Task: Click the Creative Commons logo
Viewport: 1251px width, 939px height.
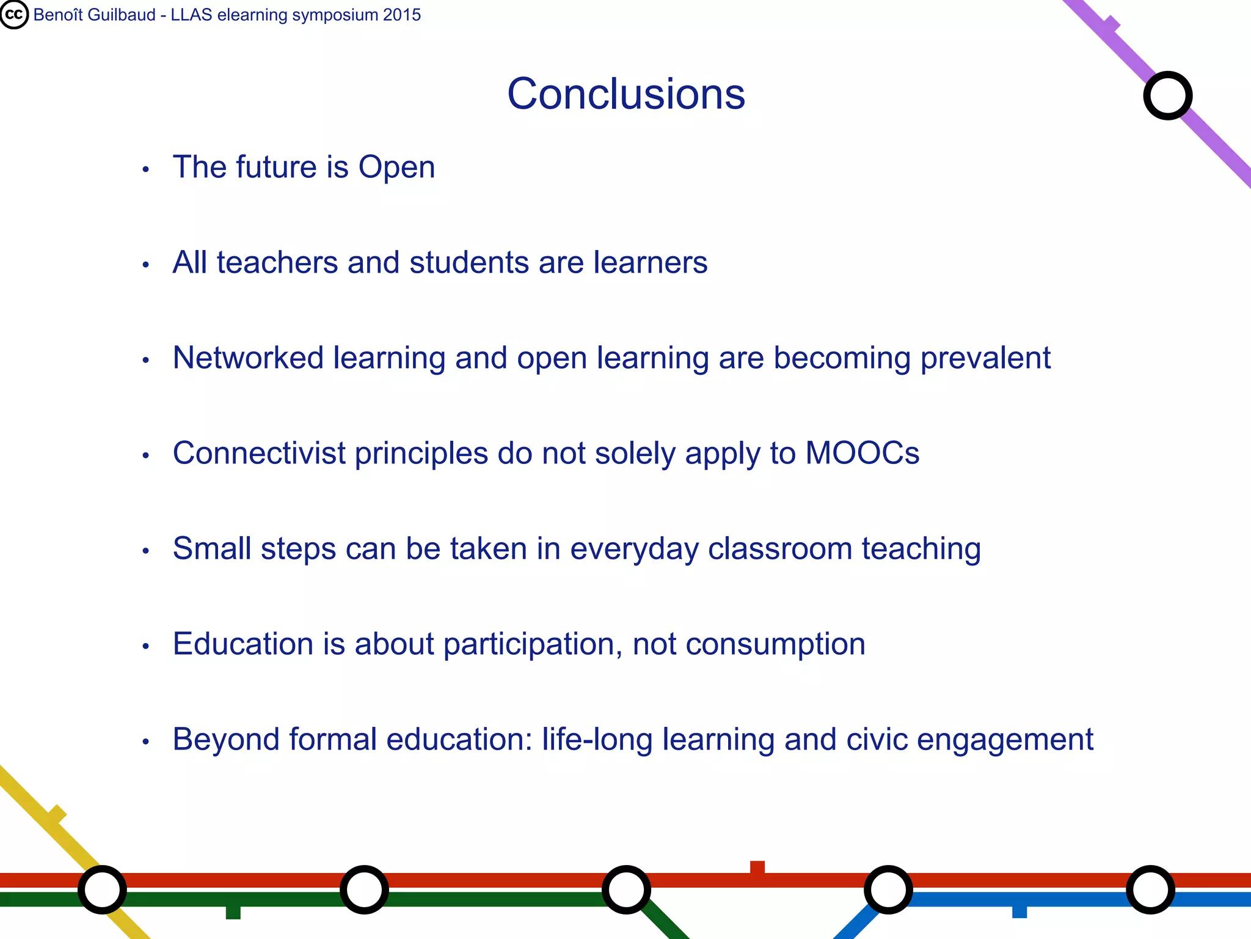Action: [x=14, y=15]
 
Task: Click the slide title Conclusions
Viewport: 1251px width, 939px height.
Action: [x=626, y=94]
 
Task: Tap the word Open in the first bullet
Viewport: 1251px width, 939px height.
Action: [x=396, y=168]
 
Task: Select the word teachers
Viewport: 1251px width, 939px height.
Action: [x=277, y=263]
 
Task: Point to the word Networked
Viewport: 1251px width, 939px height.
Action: [x=248, y=358]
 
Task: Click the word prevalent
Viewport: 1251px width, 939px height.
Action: [x=985, y=358]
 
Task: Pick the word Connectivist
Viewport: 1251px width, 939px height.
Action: [x=260, y=454]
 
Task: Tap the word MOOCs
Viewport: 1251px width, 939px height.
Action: [x=862, y=454]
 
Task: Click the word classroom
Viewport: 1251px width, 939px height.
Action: [x=779, y=549]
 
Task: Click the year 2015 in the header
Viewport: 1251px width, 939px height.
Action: [x=402, y=15]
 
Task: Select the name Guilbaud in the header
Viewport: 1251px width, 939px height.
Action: [x=122, y=15]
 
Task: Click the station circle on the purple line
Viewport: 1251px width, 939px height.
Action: [x=1167, y=96]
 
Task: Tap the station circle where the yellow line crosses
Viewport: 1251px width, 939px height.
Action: [x=103, y=889]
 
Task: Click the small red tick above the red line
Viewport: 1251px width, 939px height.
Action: [x=757, y=867]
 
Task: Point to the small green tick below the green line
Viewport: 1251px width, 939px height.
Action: [x=233, y=912]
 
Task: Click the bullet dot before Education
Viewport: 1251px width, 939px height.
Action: [x=145, y=646]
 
